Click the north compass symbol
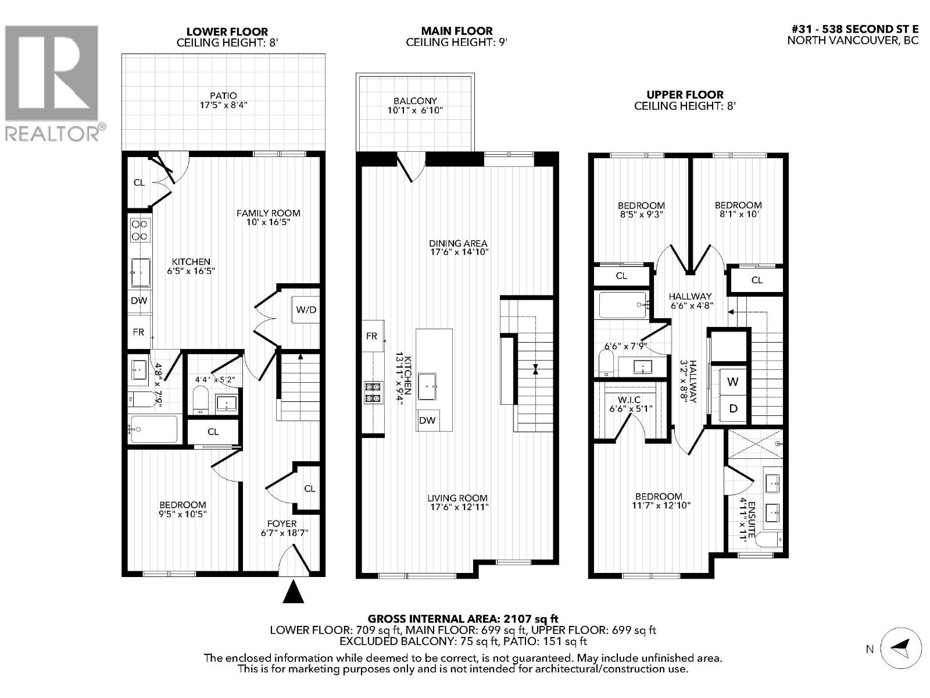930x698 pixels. point(901,647)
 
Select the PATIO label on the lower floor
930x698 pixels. point(224,95)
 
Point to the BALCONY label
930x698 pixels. point(415,101)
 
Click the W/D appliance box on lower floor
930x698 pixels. point(306,309)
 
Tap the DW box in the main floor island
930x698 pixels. point(427,420)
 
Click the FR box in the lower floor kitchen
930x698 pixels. point(138,332)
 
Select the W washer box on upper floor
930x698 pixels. point(733,382)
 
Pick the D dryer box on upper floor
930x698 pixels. point(733,408)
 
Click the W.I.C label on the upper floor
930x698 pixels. point(629,400)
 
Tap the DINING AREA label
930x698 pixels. point(458,243)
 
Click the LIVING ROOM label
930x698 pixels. point(457,498)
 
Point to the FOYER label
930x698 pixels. point(282,523)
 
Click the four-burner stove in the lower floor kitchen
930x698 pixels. point(139,230)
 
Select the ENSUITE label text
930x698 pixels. point(752,518)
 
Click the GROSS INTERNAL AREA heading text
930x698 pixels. point(463,619)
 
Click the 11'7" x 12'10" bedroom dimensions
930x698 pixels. point(659,506)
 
